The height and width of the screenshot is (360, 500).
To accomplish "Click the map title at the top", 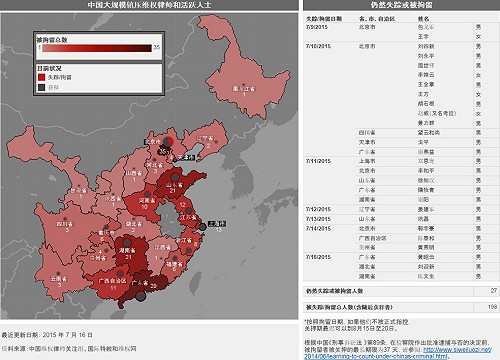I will (150, 6).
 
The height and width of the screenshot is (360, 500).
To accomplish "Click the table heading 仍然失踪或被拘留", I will (402, 8).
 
